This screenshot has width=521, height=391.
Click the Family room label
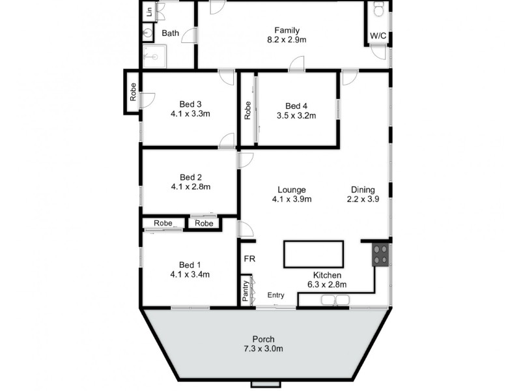pyautogui.click(x=287, y=30)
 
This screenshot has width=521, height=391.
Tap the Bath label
pyautogui.click(x=171, y=33)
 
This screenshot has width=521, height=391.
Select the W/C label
pyautogui.click(x=378, y=35)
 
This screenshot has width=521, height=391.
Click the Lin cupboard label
pyautogui.click(x=149, y=11)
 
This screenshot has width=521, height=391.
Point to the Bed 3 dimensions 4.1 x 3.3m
pyautogui.click(x=190, y=113)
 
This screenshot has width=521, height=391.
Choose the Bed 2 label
pyautogui.click(x=190, y=177)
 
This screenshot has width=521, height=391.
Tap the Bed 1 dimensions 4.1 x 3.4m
pyautogui.click(x=190, y=274)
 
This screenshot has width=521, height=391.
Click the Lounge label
pyautogui.click(x=291, y=190)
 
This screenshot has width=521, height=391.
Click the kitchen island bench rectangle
pyautogui.click(x=313, y=254)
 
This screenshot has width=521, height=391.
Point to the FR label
pyautogui.click(x=249, y=259)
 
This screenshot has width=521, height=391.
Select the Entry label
pyautogui.click(x=276, y=295)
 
